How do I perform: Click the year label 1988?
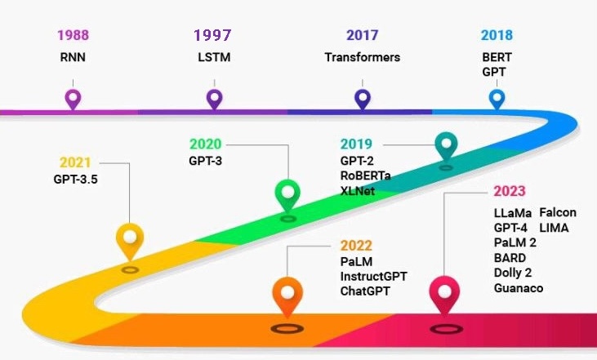pyautogui.click(x=73, y=36)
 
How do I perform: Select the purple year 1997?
pyautogui.click(x=212, y=36)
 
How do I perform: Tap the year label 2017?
pyautogui.click(x=362, y=36)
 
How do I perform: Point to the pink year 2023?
pyautogui.click(x=510, y=193)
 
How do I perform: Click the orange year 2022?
pyautogui.click(x=357, y=246)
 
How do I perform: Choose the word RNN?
pyautogui.click(x=73, y=57)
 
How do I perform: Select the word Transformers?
pyautogui.click(x=362, y=57)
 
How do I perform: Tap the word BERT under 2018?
pyautogui.click(x=496, y=57)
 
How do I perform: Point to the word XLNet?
pyautogui.click(x=359, y=190)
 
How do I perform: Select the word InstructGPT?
pyautogui.click(x=373, y=276)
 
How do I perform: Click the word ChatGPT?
pyautogui.click(x=365, y=291)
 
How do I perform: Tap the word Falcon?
pyautogui.click(x=558, y=212)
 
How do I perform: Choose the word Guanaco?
pyautogui.click(x=518, y=287)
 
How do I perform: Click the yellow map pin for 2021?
pyautogui.click(x=130, y=239)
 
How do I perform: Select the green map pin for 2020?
pyautogui.click(x=287, y=193)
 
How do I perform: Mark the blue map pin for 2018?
pyautogui.click(x=497, y=99)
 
